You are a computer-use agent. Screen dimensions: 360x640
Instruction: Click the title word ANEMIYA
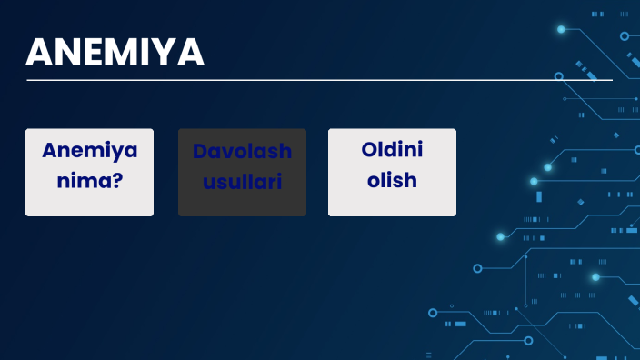[x=115, y=53]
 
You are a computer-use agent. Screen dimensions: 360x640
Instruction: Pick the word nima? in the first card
[x=89, y=180]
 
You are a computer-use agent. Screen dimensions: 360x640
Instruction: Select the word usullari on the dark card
[x=242, y=181]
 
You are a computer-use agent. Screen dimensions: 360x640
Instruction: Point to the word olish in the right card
[x=392, y=180]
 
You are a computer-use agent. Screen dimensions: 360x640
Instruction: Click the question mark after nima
[x=118, y=180]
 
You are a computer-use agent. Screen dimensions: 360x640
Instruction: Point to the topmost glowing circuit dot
[x=561, y=29]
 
